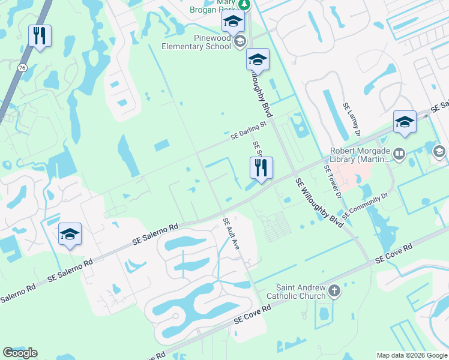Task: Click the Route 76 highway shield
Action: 22,68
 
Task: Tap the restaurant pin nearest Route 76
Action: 40,36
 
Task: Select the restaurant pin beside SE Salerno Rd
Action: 261,169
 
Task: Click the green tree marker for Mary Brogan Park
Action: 243,4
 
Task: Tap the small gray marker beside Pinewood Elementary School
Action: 240,41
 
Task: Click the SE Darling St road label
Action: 249,131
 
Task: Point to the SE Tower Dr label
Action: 333,180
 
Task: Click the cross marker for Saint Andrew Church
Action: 334,292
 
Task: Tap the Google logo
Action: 20,353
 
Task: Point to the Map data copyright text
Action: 411,355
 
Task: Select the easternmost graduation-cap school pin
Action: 405,122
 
